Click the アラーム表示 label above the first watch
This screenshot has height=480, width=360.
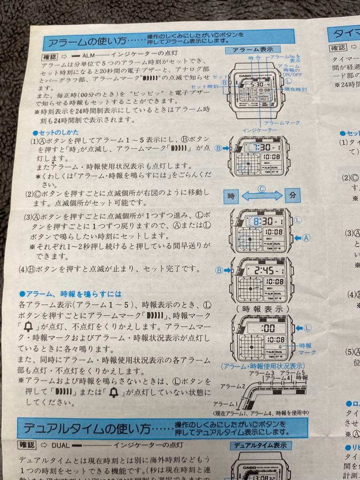click(x=249, y=49)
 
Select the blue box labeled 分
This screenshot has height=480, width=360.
click(x=292, y=195)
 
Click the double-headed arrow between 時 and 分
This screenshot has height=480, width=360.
click(x=262, y=195)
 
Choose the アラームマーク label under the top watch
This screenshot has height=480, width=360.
click(x=282, y=122)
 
